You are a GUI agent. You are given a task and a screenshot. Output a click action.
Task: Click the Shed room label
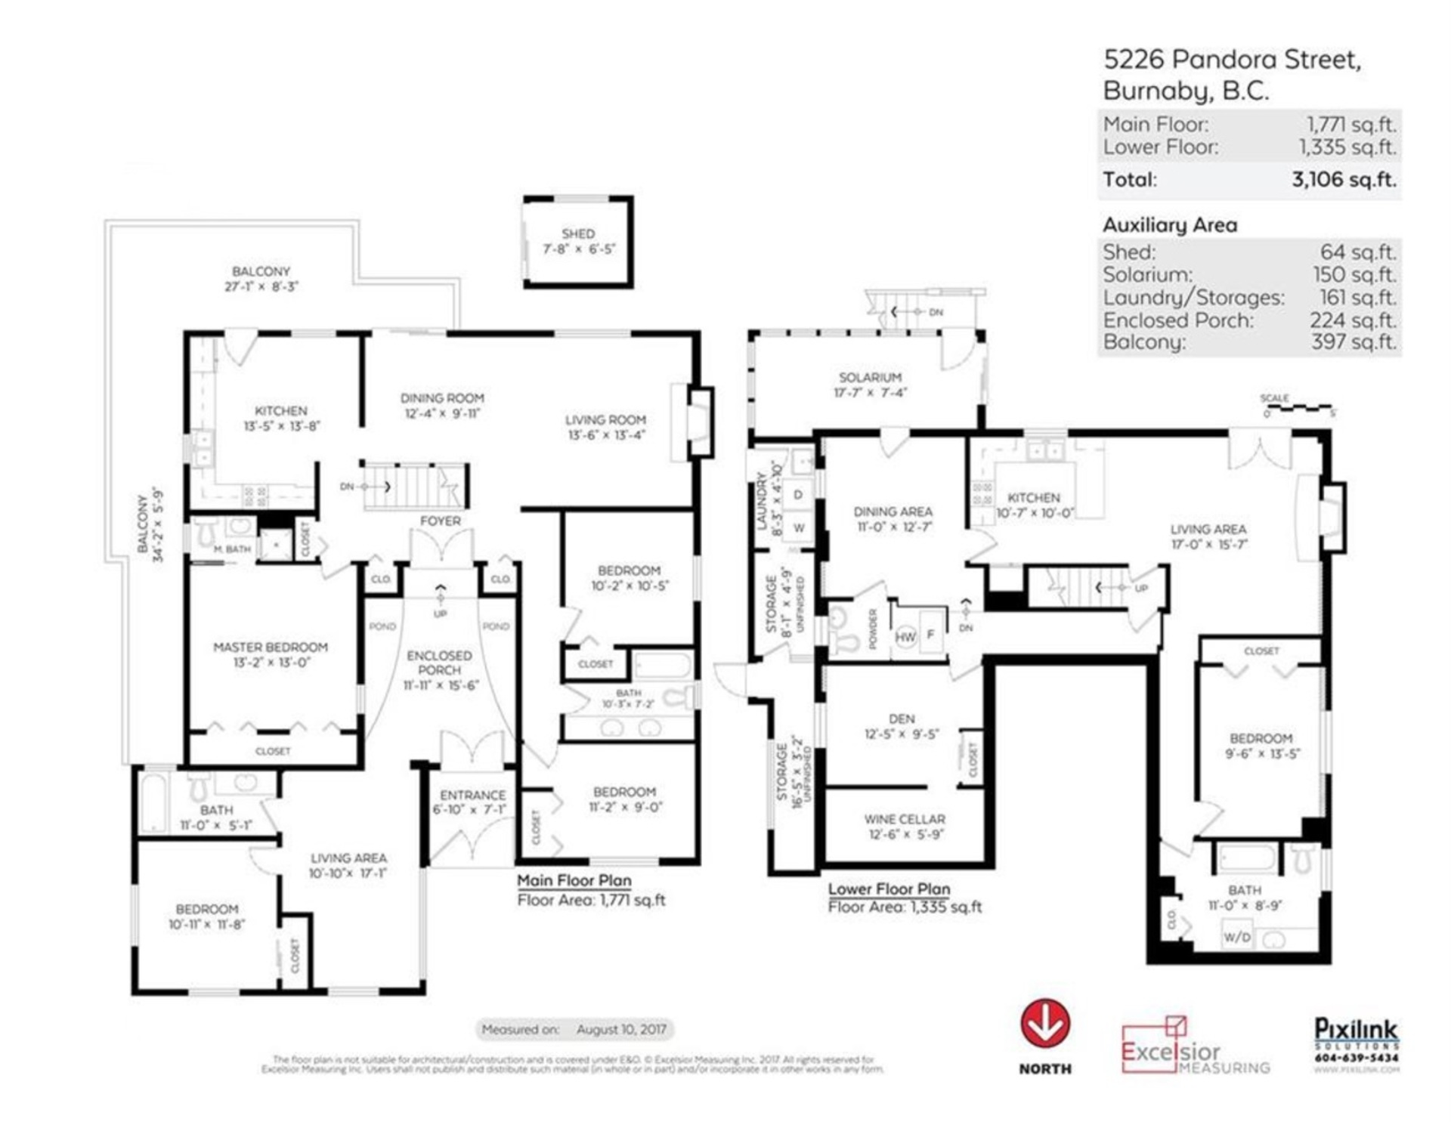578,233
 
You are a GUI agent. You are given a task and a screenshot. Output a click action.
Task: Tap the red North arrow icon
1045,1025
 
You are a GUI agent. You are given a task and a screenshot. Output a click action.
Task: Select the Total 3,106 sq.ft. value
1344,180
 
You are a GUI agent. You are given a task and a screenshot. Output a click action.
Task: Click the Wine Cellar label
905,819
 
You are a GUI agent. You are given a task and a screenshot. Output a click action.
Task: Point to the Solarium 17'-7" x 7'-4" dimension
870,393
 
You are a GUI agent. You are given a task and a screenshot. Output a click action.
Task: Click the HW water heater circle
905,636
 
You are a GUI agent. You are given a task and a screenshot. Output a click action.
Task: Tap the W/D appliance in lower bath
1236,938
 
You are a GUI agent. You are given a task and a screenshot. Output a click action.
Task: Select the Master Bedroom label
271,647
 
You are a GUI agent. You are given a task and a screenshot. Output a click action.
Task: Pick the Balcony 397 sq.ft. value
1354,342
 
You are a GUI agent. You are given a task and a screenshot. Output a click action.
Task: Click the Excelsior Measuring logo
1194,1049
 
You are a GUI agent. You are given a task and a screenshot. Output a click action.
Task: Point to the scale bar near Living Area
1298,408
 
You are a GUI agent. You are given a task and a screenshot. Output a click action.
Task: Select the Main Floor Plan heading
574,880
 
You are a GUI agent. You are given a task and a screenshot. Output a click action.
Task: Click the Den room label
902,719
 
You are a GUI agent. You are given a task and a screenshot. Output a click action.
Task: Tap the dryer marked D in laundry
798,495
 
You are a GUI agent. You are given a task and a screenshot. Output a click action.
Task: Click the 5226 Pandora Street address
1232,60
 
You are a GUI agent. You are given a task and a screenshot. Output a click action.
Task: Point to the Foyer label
440,521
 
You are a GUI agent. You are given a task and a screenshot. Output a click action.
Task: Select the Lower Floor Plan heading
889,889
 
